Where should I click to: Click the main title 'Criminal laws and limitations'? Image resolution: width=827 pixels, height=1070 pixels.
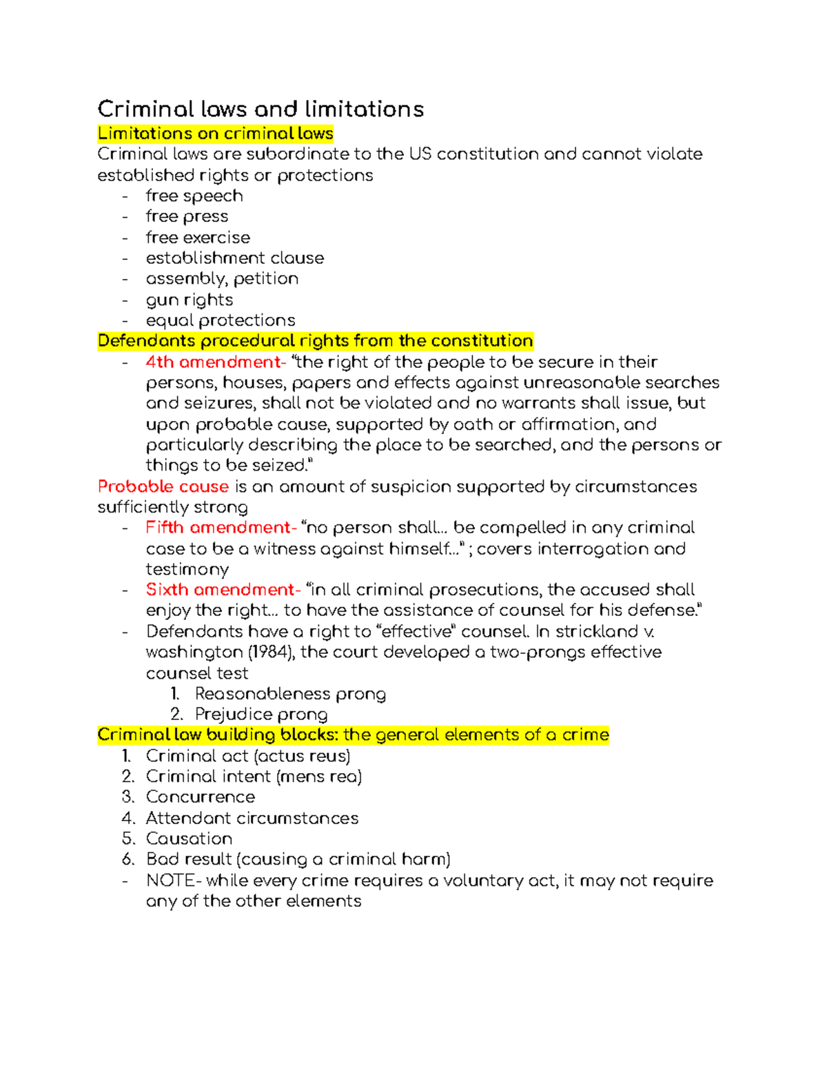coord(261,110)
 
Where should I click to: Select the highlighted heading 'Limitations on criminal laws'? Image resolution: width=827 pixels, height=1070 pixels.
coord(215,134)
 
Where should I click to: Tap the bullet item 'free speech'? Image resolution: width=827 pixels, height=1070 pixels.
coord(194,196)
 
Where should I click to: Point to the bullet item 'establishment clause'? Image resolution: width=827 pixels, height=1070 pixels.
coord(234,258)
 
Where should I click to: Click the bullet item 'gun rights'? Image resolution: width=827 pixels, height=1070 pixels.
coord(190,300)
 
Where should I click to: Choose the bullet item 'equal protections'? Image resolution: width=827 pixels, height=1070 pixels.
coord(221,321)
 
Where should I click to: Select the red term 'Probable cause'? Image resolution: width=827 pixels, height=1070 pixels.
coord(163,487)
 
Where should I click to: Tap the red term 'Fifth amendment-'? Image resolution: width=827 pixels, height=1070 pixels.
coord(221,528)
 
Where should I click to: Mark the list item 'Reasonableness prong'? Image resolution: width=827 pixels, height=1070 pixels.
coord(290,694)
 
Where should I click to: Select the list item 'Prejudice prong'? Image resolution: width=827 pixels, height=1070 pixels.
coord(261,714)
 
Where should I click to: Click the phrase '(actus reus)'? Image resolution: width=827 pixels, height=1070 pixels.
coord(302,757)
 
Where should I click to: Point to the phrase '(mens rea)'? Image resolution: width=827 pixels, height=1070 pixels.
coord(319,777)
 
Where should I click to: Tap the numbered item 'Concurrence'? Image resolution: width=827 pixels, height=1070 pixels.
coord(201,797)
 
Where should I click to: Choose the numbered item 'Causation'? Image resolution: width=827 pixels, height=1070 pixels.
coord(189,839)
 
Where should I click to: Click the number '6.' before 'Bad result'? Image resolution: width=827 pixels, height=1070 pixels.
coord(128,860)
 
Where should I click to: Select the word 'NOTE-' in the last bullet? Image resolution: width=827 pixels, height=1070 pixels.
coord(174,881)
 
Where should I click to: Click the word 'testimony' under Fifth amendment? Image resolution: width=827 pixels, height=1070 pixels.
coord(187,570)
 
